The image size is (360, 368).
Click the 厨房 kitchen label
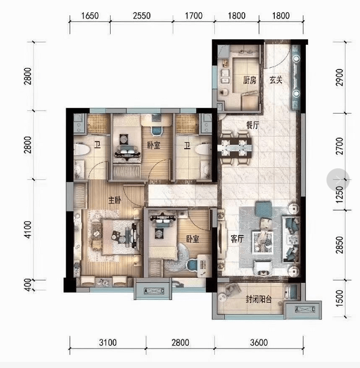(249, 81)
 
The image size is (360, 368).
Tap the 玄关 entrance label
(276, 80)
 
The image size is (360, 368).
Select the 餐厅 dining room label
(252, 125)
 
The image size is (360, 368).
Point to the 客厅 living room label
(237, 239)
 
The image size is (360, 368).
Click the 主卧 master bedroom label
(115, 200)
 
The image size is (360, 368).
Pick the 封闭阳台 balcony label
(259, 299)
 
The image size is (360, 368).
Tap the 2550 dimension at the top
(142, 16)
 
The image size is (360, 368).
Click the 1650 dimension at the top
(90, 16)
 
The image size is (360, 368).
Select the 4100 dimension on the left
(28, 230)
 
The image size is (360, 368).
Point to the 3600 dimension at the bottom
(259, 343)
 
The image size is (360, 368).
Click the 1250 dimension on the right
(340, 195)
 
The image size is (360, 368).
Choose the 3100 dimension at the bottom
(108, 343)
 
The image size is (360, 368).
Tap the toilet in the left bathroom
(82, 149)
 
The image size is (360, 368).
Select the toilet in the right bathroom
(203, 149)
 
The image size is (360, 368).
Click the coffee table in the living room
(263, 242)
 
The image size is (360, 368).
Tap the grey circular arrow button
(338, 179)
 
